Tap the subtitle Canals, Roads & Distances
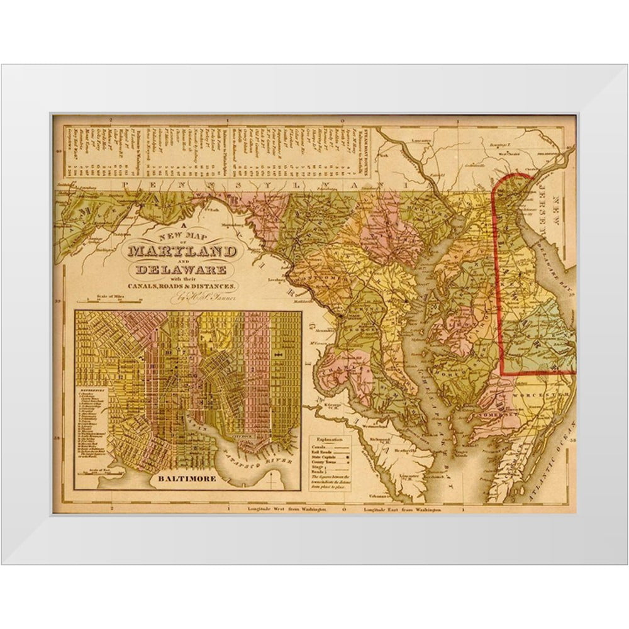click(182, 287)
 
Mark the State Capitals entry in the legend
click(330, 459)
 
